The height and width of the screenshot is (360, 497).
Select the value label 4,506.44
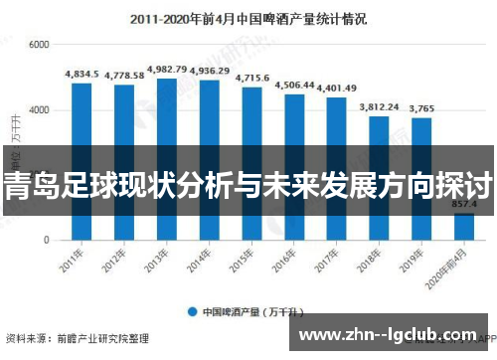coord(294,85)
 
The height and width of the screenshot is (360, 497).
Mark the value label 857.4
coord(464,204)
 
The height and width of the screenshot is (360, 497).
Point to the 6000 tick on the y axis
coord(40,46)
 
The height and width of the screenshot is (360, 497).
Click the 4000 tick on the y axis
coord(40,110)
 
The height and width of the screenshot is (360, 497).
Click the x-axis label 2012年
coord(116,261)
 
